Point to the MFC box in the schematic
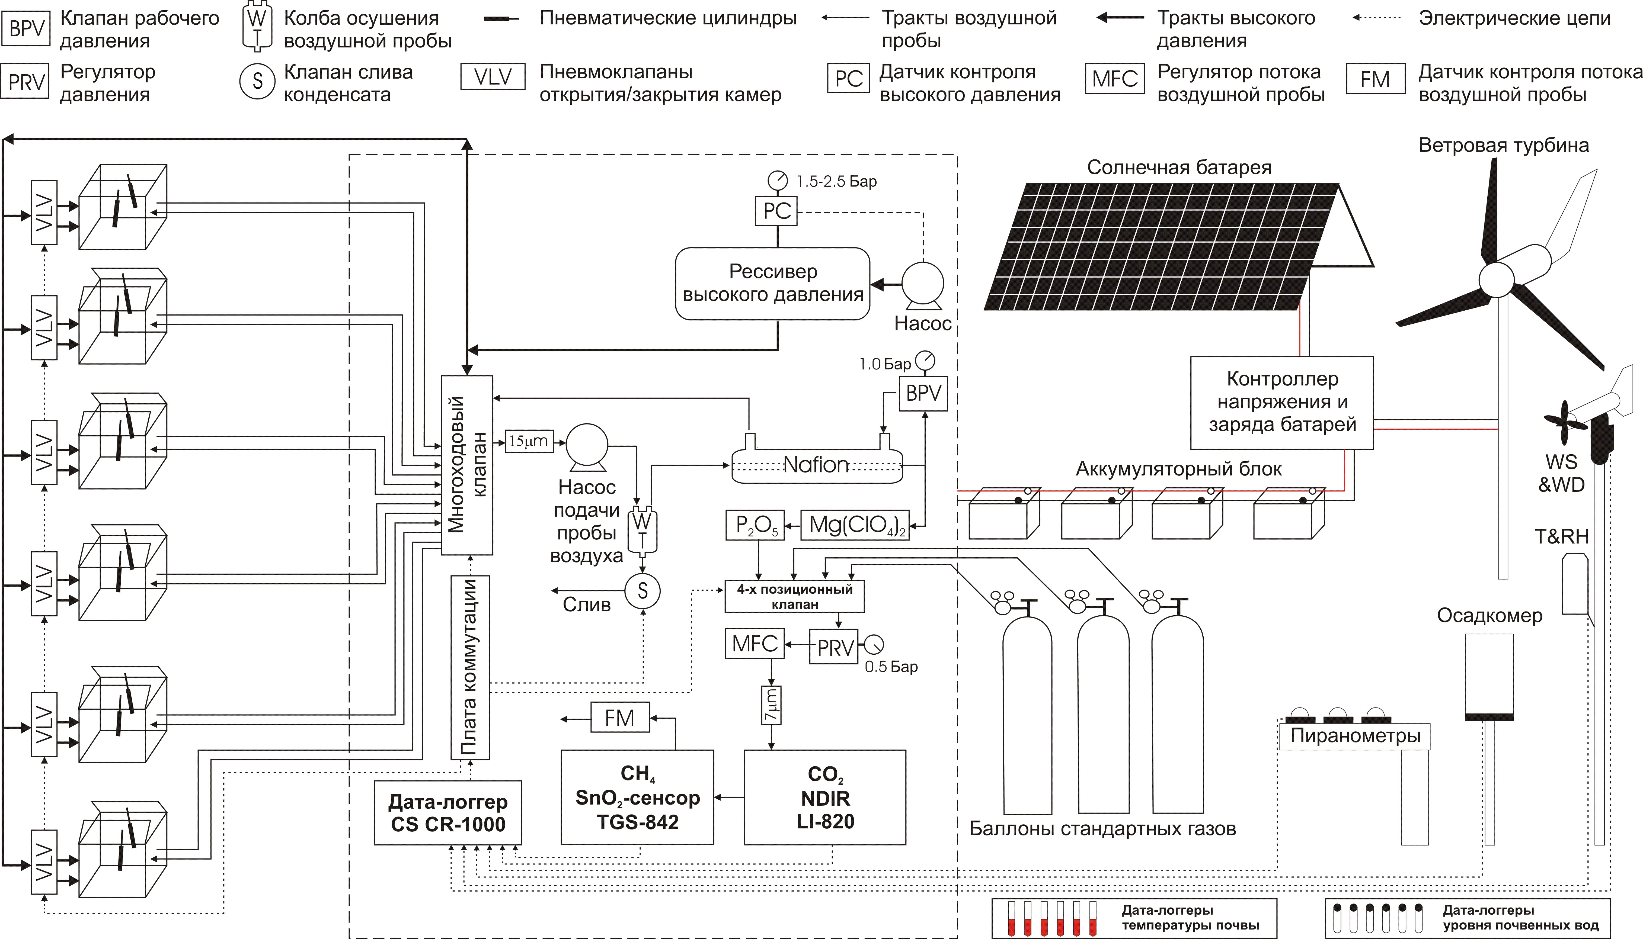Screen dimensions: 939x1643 pos(754,644)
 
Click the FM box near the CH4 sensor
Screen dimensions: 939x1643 pos(619,717)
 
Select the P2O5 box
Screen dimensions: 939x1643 pos(755,525)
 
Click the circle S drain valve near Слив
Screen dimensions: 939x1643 pos(643,591)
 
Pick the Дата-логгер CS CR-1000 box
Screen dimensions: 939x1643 pos(448,813)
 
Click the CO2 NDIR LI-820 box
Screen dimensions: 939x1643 pos(825,797)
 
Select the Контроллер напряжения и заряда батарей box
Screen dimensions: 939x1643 pos(1282,403)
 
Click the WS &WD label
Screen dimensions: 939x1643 pos(1561,473)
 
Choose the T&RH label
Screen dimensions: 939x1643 pos(1561,536)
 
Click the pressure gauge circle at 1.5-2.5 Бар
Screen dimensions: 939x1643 pos(778,180)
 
